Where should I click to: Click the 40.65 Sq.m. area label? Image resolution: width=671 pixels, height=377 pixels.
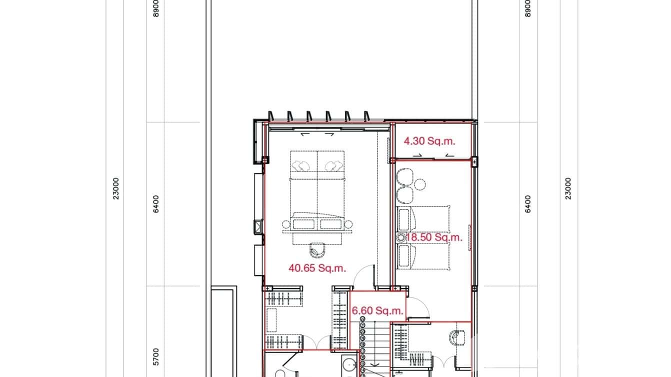(x=317, y=268)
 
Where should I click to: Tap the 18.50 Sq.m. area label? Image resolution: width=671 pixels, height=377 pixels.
(x=434, y=237)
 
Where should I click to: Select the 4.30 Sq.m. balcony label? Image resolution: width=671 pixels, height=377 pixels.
(x=429, y=141)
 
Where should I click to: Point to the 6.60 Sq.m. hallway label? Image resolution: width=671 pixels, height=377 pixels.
(x=377, y=311)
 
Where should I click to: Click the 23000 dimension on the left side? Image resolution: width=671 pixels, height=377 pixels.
(x=116, y=188)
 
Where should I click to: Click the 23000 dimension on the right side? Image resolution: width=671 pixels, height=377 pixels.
(x=568, y=188)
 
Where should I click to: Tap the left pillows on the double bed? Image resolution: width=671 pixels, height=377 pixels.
(x=302, y=165)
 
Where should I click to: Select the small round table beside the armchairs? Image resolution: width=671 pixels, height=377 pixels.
(x=420, y=184)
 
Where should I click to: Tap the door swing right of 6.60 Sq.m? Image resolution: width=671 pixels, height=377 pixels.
(x=419, y=307)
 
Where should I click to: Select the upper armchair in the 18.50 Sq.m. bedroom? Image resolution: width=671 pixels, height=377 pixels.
(x=404, y=177)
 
